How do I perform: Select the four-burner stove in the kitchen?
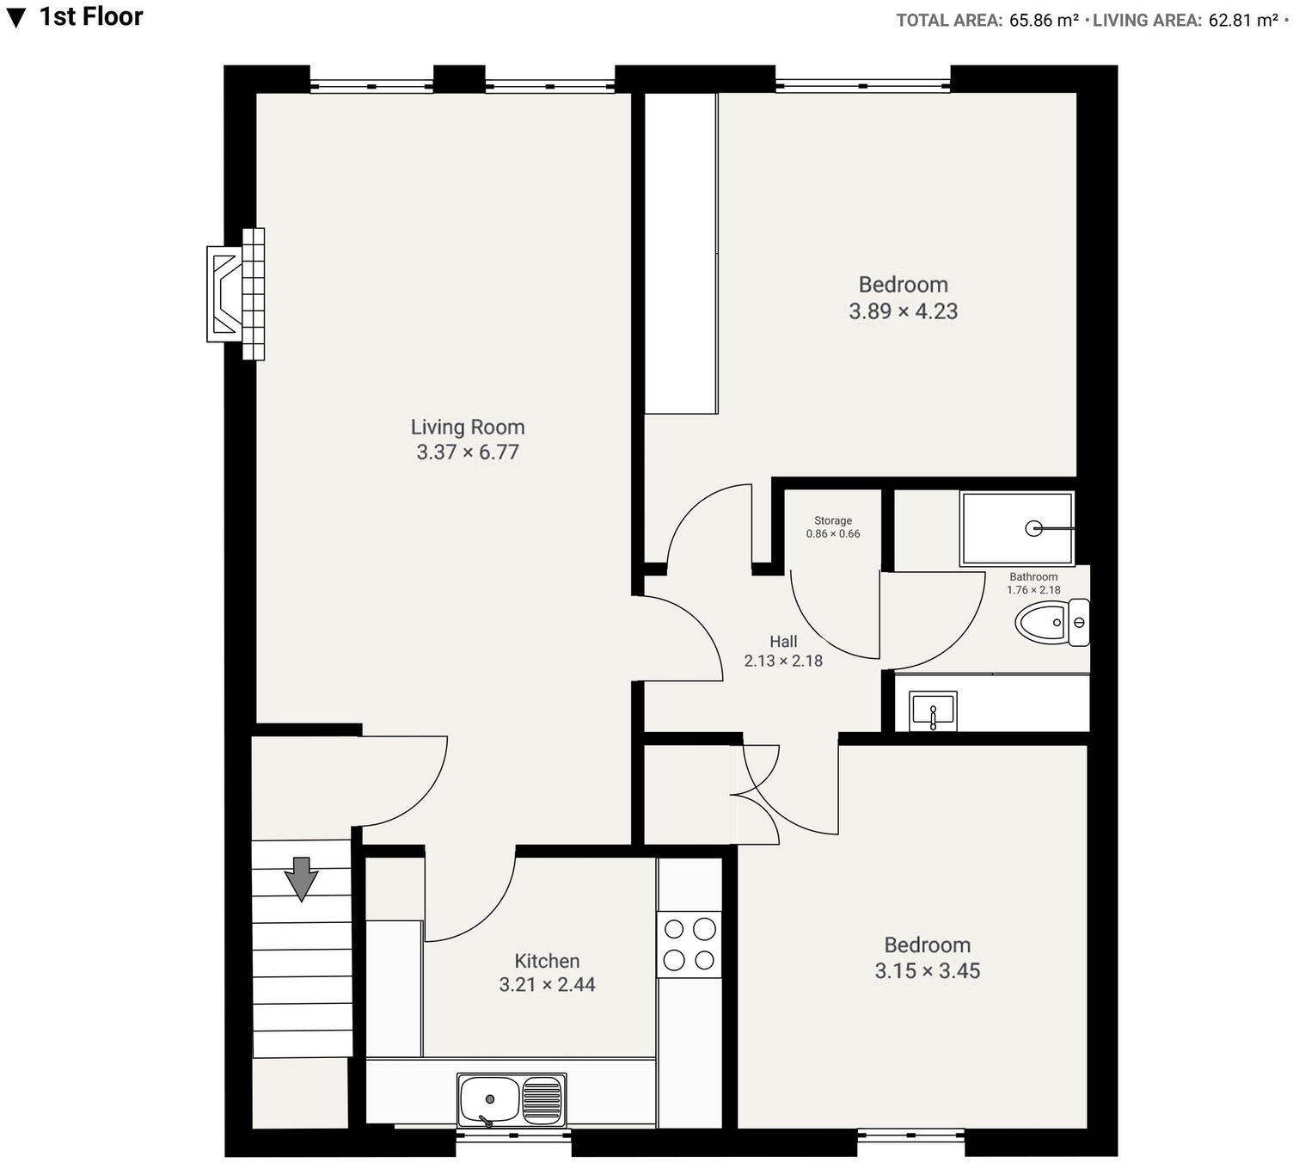[689, 944]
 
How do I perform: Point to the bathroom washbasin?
[933, 711]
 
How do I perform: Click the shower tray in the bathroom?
[1017, 528]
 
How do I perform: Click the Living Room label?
[467, 427]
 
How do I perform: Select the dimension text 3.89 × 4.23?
[903, 311]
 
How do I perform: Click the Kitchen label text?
[547, 961]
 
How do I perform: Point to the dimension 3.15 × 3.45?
[927, 971]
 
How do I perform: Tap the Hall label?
[783, 642]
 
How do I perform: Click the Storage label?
[833, 520]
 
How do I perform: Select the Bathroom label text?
[1033, 577]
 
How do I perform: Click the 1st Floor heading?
[90, 16]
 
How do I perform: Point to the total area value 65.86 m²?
[1044, 21]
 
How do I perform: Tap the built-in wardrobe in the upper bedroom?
[681, 253]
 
